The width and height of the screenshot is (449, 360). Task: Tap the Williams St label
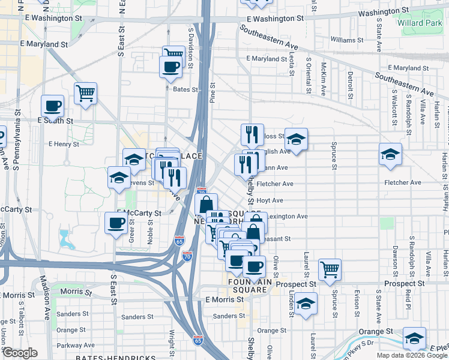pos(347,40)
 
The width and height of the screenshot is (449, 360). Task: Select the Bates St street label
pos(185,89)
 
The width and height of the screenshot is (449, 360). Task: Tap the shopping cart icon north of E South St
pos(86,93)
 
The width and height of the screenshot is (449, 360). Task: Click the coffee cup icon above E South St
pos(52,106)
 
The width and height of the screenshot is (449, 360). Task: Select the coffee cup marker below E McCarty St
pos(116,223)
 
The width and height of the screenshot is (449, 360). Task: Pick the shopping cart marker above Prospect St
pos(330,269)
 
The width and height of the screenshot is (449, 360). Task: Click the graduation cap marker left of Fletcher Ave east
pos(390,155)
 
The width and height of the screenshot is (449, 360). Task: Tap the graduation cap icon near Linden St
pos(306,303)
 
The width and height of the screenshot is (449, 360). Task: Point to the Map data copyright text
pos(412,355)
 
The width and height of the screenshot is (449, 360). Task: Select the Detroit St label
pos(350,85)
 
